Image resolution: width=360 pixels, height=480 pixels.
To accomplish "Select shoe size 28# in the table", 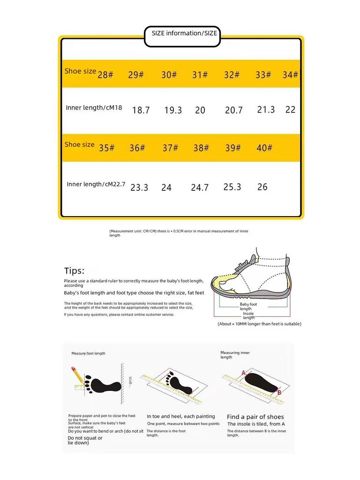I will [x=105, y=75].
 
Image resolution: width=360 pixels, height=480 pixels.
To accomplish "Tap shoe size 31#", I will [x=200, y=75].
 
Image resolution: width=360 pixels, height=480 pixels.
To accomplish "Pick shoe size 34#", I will [x=290, y=75].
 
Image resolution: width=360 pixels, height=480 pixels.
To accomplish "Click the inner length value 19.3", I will [x=173, y=110].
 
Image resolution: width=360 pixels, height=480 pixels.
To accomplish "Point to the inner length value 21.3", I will [x=266, y=109].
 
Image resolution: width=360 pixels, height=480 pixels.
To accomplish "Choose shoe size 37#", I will [x=170, y=148].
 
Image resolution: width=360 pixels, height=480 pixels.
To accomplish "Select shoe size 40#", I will [x=264, y=148].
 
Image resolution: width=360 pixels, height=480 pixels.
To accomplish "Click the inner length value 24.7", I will [x=200, y=187].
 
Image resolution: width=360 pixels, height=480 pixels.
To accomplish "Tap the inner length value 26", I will [x=262, y=187].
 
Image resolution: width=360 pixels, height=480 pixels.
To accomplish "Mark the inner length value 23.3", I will [x=139, y=187].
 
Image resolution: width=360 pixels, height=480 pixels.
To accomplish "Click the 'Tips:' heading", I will [x=75, y=270].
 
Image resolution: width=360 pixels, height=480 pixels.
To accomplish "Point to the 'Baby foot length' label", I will [x=248, y=306].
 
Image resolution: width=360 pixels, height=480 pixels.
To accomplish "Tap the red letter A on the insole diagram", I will [x=243, y=373].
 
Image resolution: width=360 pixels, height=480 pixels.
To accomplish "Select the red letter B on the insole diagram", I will [x=279, y=392].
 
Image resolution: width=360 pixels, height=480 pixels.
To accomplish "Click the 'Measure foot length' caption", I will [x=88, y=353].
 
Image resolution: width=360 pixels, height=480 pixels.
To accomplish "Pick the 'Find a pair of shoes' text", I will [x=255, y=417].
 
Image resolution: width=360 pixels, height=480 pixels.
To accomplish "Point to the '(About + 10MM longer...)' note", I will [x=259, y=324].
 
